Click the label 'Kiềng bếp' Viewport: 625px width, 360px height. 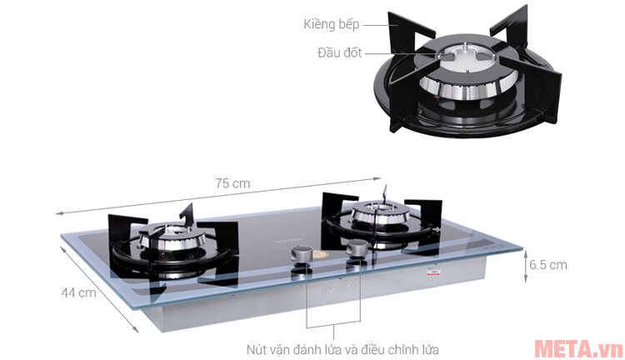click(330, 24)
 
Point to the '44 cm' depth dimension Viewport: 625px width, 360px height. click(79, 292)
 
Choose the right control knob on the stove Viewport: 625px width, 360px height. click(357, 248)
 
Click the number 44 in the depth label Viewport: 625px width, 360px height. click(69, 292)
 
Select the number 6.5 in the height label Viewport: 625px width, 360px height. click(537, 265)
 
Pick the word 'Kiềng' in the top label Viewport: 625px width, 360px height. click(318, 24)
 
